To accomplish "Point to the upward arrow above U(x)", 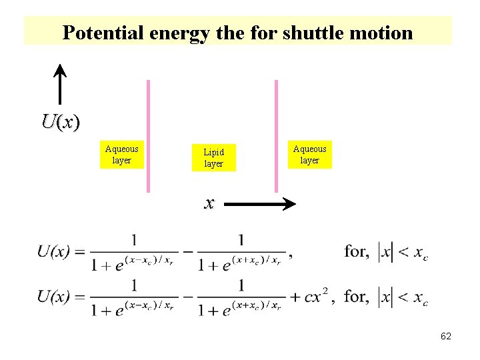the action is pyautogui.click(x=60, y=83).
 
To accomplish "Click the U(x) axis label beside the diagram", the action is pyautogui.click(x=60, y=121).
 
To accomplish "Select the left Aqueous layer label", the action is pyautogui.click(x=121, y=155).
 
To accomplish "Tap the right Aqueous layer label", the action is pyautogui.click(x=309, y=155).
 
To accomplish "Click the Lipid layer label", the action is pyautogui.click(x=213, y=158).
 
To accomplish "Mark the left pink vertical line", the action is pyautogui.click(x=148, y=137).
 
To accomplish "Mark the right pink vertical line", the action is pyautogui.click(x=275, y=137).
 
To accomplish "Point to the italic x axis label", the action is pyautogui.click(x=209, y=203).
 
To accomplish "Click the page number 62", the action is pyautogui.click(x=446, y=337).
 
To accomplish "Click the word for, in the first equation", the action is pyautogui.click(x=357, y=251).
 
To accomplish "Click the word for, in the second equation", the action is pyautogui.click(x=357, y=296).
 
